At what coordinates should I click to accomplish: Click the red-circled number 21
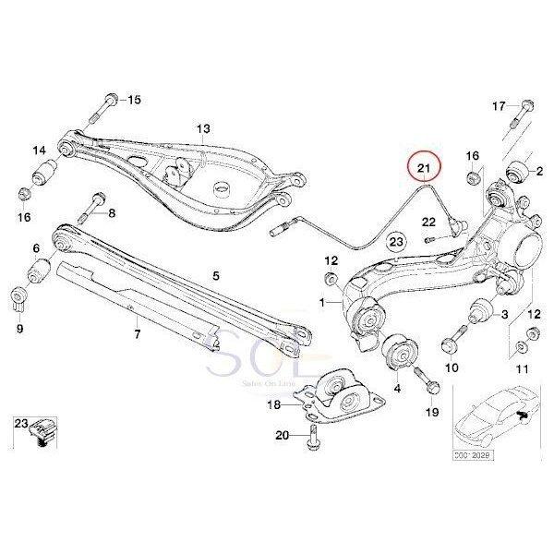point(425,167)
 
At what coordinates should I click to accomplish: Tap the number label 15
point(135,100)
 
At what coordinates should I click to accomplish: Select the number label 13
point(203,128)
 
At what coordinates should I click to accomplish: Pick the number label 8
point(113,214)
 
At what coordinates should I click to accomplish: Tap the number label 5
point(216,274)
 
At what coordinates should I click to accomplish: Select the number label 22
point(428,222)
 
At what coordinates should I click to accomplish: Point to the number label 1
point(323,302)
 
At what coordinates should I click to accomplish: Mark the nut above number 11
point(523,347)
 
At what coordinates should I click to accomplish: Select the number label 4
point(397,391)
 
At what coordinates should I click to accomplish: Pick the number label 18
point(274,403)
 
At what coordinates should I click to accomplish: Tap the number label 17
point(499,106)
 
